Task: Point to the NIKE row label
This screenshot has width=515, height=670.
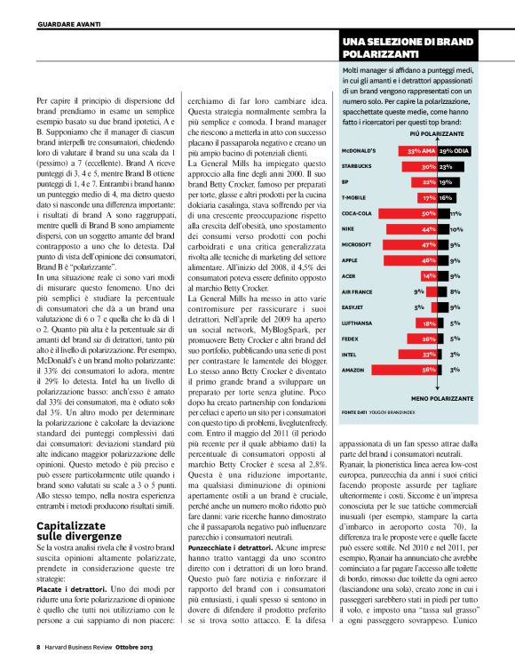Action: pos(351,228)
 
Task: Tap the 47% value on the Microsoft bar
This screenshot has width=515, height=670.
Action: pos(428,244)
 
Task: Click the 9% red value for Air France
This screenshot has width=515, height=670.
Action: pos(419,291)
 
